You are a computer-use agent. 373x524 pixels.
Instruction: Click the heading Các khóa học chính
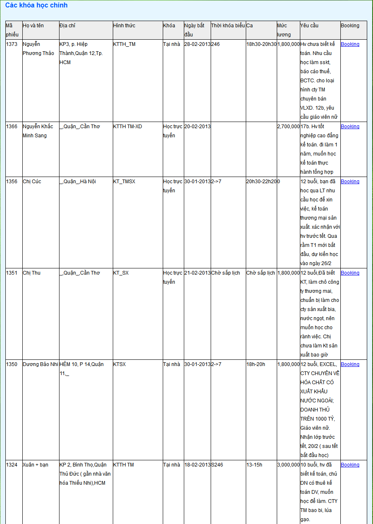(36, 5)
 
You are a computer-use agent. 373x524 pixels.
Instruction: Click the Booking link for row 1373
(350, 44)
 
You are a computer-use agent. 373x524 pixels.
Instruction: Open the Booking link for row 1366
(350, 127)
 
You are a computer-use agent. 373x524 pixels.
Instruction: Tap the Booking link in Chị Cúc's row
(350, 182)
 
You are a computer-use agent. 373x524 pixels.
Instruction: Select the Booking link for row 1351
(350, 273)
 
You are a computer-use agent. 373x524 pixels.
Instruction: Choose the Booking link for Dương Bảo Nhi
(350, 364)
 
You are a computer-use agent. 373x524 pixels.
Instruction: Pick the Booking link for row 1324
(350, 465)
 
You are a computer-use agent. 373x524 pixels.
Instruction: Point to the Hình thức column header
(124, 26)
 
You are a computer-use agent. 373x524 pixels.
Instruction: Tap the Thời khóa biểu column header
(228, 26)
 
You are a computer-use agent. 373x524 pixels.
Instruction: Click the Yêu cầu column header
(309, 26)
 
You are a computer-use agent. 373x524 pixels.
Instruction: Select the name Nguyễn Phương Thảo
(38, 49)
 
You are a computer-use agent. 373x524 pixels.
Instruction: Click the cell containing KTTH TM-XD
(127, 127)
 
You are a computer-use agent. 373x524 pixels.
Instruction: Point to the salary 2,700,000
(288, 127)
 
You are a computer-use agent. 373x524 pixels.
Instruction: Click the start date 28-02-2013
(197, 44)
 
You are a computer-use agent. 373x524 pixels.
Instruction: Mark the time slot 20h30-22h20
(261, 182)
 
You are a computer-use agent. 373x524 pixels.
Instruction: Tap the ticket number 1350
(12, 364)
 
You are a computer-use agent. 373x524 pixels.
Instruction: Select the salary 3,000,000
(288, 465)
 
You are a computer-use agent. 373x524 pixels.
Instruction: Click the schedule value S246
(217, 465)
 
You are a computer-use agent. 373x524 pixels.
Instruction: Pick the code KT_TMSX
(124, 182)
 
